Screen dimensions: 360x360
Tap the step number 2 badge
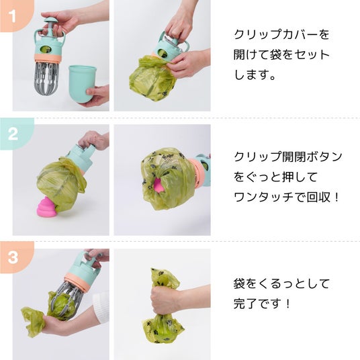point(13,134)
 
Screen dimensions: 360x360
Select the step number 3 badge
point(13,257)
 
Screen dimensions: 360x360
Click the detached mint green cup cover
point(82,84)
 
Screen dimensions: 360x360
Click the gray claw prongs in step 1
point(47,78)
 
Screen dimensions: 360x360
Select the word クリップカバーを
point(281,34)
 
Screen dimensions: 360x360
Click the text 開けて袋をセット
point(281,54)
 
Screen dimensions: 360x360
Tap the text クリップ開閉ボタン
point(288,157)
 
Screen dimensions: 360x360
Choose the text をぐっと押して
point(275,177)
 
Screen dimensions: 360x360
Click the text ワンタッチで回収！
point(286,197)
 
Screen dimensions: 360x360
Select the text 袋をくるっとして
point(281,284)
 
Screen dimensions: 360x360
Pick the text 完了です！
point(262,304)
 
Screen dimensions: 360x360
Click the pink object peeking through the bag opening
point(159,185)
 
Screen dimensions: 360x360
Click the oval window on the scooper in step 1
point(44,49)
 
